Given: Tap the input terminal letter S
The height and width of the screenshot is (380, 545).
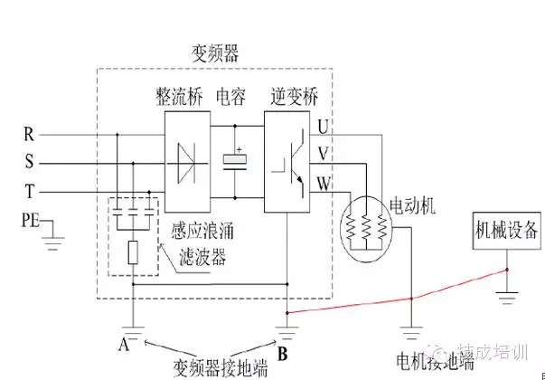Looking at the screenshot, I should [30, 165].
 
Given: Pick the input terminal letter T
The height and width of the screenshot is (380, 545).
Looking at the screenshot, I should [30, 192].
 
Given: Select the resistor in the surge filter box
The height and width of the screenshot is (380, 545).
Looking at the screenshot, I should [132, 252].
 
